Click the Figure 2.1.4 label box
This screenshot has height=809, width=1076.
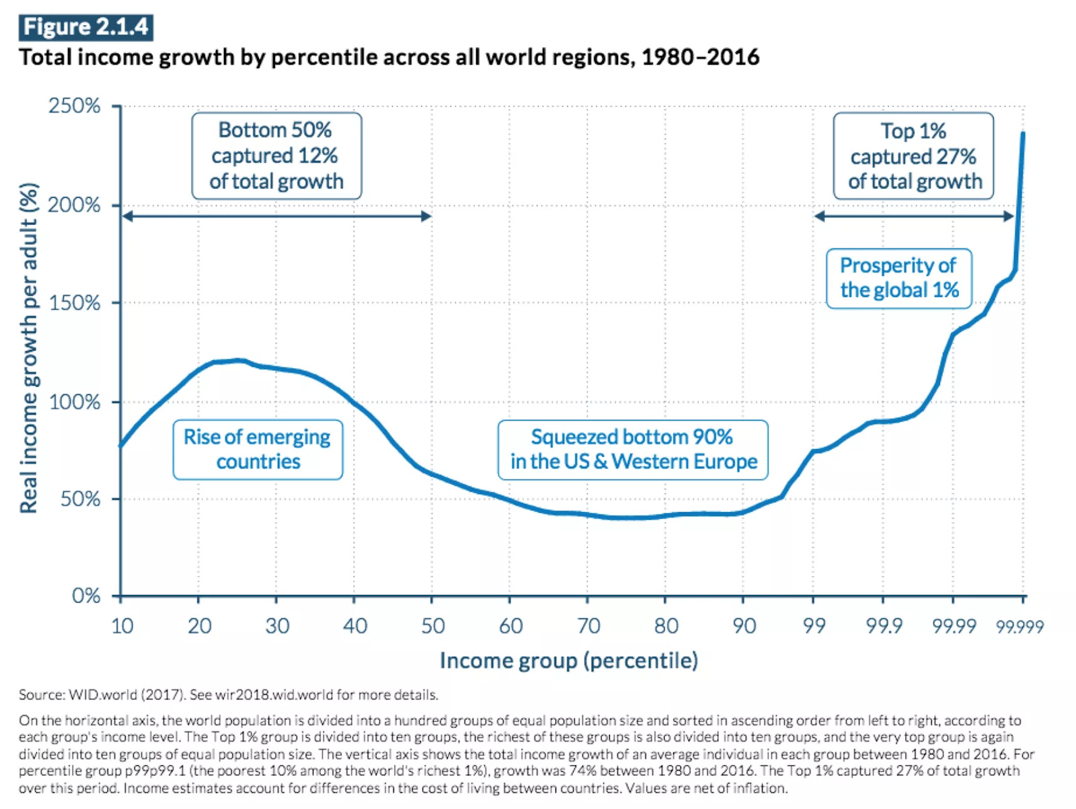tap(85, 27)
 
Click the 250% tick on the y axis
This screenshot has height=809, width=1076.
tap(75, 106)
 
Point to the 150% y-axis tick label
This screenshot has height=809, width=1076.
tap(75, 303)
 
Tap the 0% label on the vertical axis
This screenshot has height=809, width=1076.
tap(86, 596)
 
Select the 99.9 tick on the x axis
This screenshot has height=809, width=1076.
tap(884, 626)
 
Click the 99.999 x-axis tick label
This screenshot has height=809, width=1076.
tap(1020, 627)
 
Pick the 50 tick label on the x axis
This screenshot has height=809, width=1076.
tap(432, 626)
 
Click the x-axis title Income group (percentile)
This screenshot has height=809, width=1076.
tap(569, 660)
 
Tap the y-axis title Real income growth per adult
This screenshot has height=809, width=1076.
tap(28, 348)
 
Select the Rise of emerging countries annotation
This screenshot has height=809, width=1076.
tap(258, 450)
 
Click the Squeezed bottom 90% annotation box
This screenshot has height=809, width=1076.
tap(633, 450)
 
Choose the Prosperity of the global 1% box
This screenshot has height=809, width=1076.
tap(898, 278)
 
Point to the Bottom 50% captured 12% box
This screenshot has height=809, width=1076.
tap(276, 155)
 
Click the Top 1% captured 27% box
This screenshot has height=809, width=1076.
tap(913, 155)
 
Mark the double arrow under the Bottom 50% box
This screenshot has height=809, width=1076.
tap(276, 216)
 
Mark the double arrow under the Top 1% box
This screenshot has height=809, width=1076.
tap(913, 216)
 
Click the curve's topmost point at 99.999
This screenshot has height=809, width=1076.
tap(1023, 133)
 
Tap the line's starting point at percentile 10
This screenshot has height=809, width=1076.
tap(121, 446)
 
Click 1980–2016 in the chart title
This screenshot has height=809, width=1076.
tap(700, 57)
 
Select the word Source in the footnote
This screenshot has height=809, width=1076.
tap(41, 695)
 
